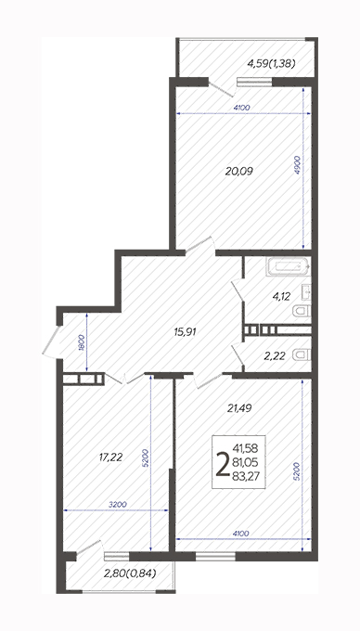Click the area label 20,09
239,172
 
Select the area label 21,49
239,408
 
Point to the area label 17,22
110,457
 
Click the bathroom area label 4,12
281,297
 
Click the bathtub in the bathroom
288,267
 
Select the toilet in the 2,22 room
302,354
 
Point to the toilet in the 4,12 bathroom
302,311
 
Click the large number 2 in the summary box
223,464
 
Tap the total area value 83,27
245,476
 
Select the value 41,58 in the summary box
245,448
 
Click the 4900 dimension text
298,164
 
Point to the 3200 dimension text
118,504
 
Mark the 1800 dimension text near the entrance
81,342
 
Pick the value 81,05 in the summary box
245,462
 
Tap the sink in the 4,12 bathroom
307,291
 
